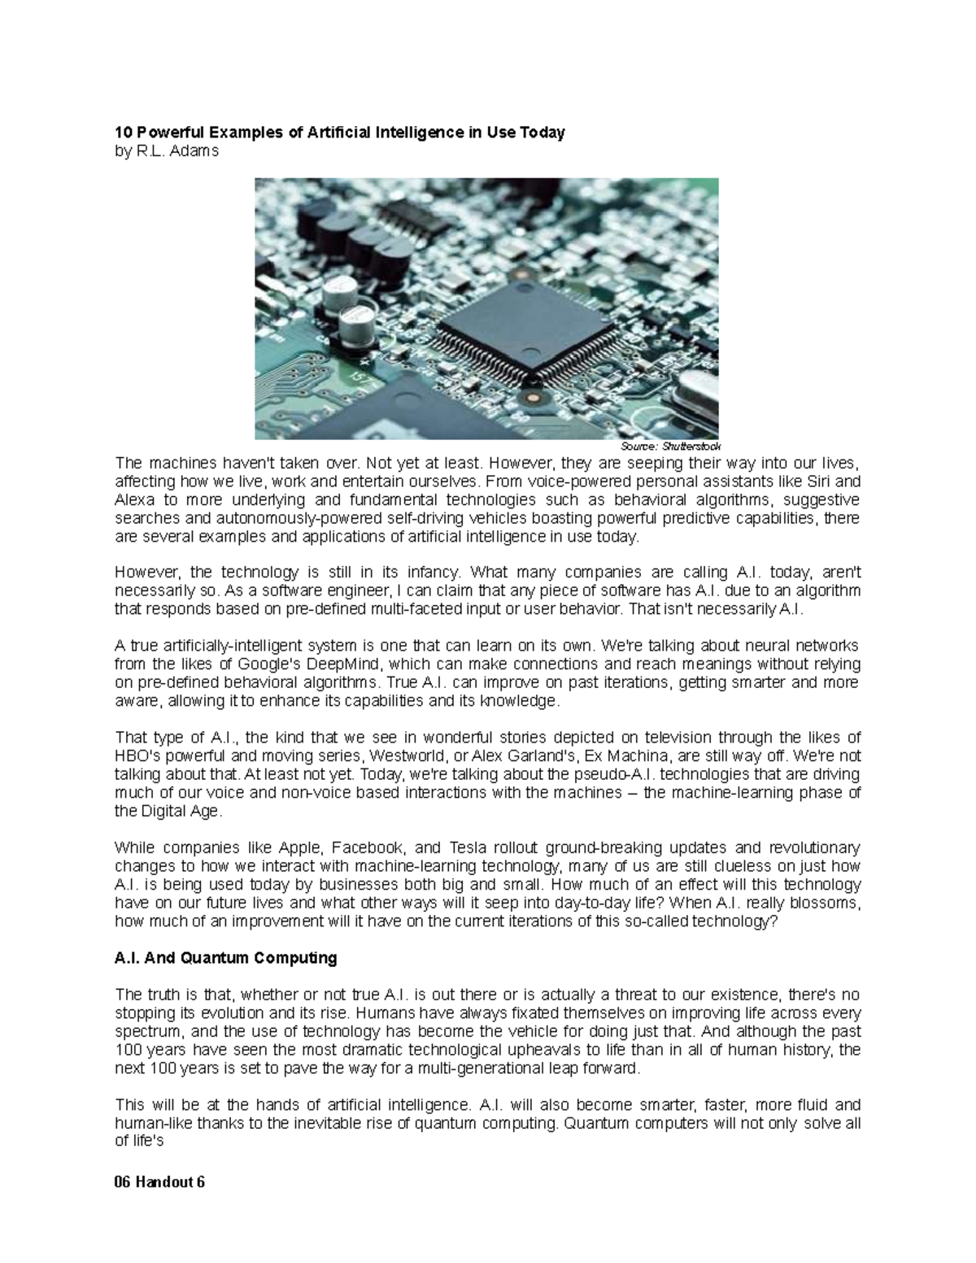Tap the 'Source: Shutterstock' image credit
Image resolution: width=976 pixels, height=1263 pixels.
[x=670, y=446]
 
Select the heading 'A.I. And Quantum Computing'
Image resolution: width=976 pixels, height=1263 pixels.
[x=225, y=958]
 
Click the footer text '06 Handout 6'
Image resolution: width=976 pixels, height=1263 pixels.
[x=160, y=1182]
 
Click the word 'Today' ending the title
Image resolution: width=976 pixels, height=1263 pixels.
[x=545, y=133]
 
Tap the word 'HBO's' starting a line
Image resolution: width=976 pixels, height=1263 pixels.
[x=135, y=756]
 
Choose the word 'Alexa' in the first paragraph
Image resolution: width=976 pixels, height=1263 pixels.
[x=133, y=499]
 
